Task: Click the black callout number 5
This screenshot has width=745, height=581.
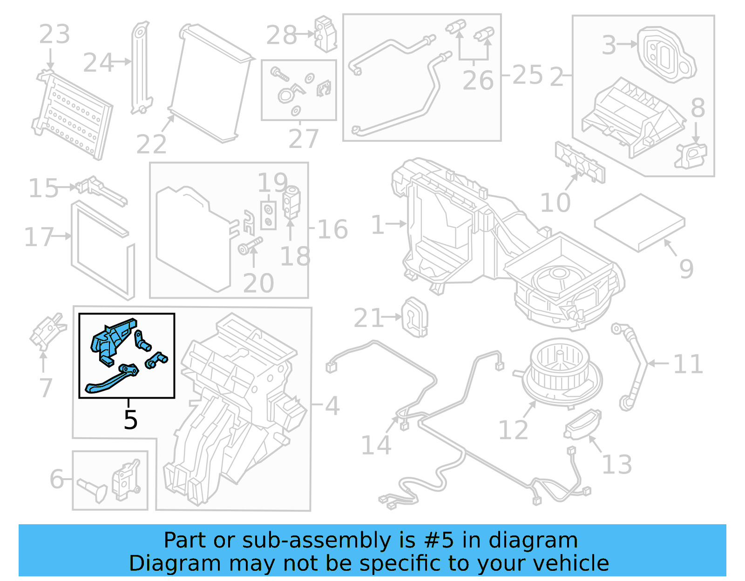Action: [x=130, y=420]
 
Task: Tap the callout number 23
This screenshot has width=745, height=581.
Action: [x=54, y=34]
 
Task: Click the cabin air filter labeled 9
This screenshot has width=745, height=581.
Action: [x=639, y=222]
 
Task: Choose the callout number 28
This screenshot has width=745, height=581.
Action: [x=281, y=35]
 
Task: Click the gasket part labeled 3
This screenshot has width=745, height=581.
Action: [x=666, y=53]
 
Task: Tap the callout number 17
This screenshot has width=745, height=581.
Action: [x=39, y=237]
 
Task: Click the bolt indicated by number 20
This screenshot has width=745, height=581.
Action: [x=250, y=246]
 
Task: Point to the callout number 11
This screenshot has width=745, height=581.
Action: [x=688, y=364]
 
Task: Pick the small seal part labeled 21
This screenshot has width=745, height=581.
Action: [x=414, y=317]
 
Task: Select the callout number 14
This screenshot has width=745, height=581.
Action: [x=376, y=445]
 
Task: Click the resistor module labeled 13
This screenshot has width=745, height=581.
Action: [x=582, y=424]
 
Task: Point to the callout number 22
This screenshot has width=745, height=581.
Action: [x=151, y=144]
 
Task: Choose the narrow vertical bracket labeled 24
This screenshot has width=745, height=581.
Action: [x=141, y=67]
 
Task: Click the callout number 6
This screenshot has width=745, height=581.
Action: [x=57, y=479]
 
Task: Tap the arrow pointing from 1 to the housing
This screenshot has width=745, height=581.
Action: [x=396, y=224]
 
